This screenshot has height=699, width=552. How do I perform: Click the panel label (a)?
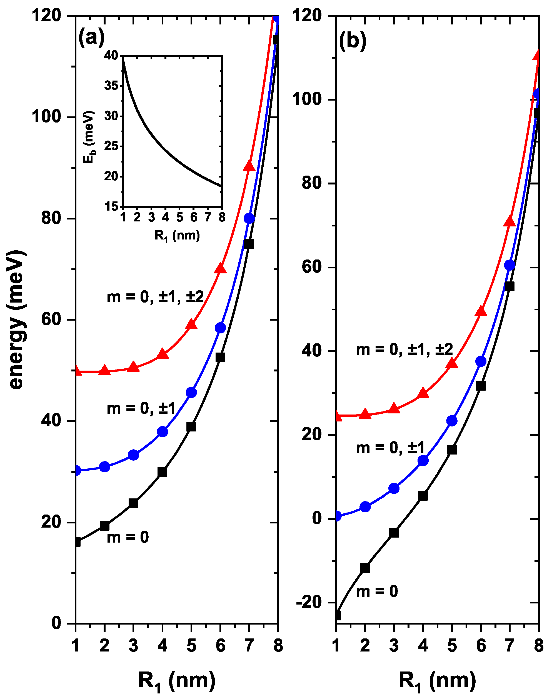coord(91,38)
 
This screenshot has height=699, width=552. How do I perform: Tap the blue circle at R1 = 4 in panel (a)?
coord(163,432)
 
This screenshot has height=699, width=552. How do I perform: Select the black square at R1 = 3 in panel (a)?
coord(133,503)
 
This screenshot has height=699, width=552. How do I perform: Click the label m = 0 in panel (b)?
coord(377,592)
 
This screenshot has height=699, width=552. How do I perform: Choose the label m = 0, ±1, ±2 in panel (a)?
coord(155,296)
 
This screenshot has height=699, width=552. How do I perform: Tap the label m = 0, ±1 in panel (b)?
coord(390,448)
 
